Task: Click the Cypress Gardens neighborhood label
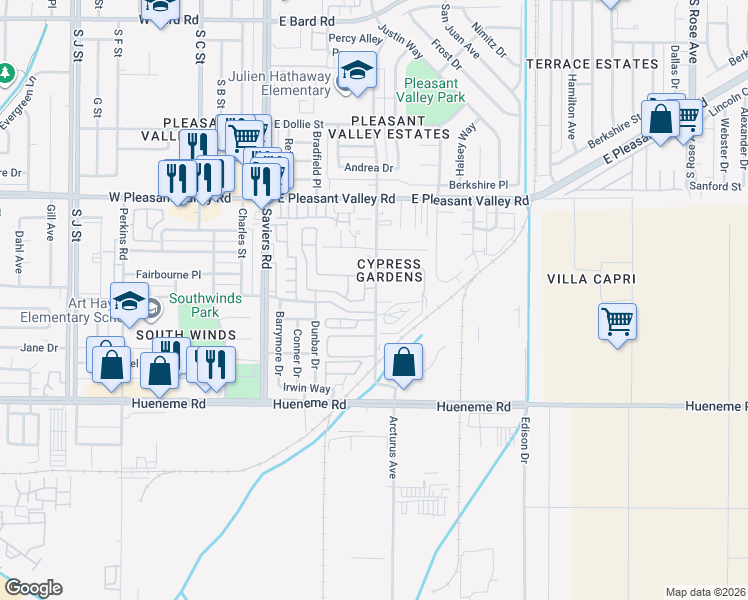click(390, 270)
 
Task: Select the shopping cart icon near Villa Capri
click(618, 322)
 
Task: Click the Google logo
click(33, 587)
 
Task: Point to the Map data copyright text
click(706, 592)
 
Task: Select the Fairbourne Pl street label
click(169, 274)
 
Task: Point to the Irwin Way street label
click(306, 388)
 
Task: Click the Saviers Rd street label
click(266, 244)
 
